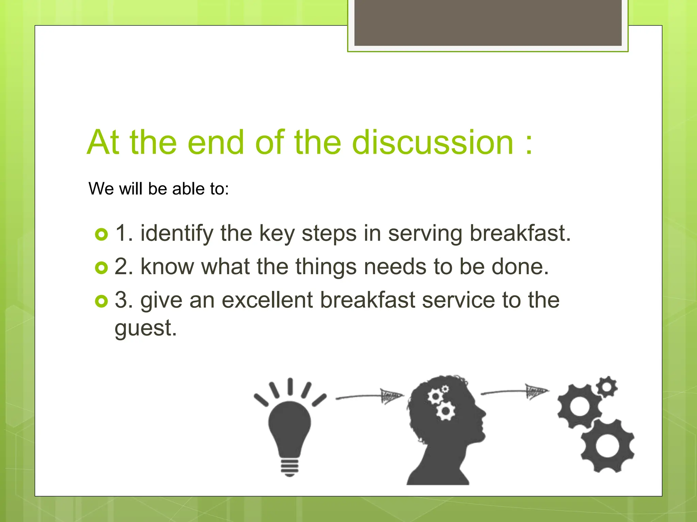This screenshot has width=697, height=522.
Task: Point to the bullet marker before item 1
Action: (101, 234)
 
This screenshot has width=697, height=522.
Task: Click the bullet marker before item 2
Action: (101, 268)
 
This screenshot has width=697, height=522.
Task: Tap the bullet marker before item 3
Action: (101, 301)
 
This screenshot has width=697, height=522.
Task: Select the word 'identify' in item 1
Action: (177, 234)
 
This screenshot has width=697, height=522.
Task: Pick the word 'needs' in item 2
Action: (395, 267)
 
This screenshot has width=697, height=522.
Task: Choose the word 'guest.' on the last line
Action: (146, 329)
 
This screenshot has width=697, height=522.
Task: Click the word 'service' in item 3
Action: (458, 300)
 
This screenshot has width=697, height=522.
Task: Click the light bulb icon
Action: (290, 425)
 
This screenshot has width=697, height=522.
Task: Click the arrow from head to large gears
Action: (515, 392)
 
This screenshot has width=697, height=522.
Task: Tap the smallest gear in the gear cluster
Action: (606, 387)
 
